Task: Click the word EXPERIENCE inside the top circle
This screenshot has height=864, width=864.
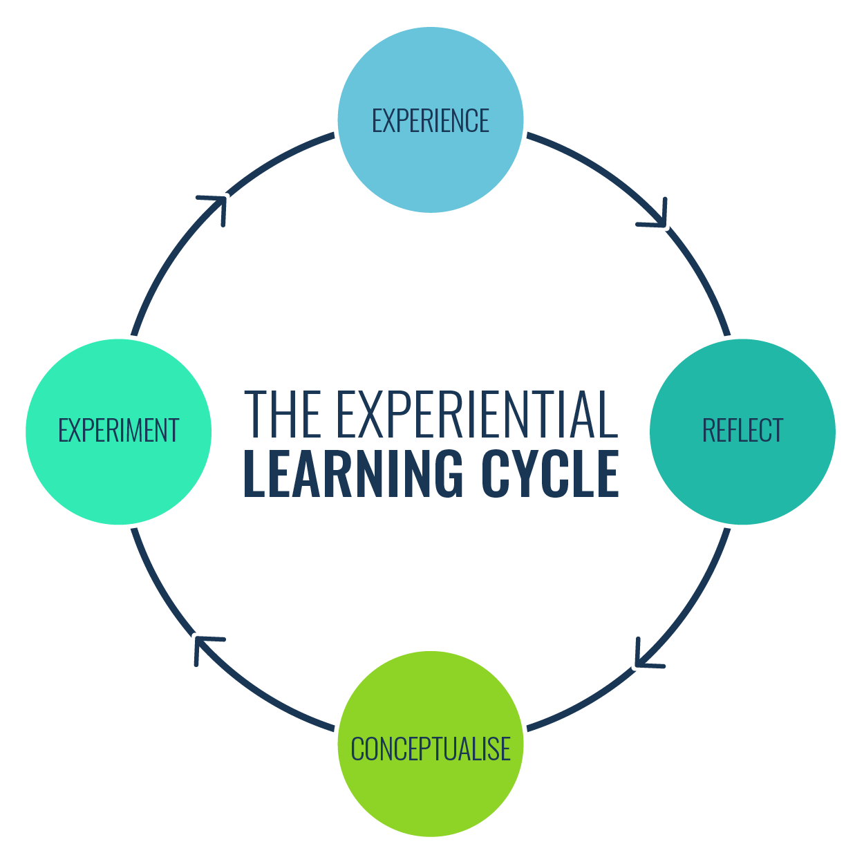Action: (x=430, y=121)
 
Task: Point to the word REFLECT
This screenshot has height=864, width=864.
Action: (x=742, y=431)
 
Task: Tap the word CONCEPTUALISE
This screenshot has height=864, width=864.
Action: (x=430, y=749)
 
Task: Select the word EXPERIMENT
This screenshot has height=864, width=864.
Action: (x=118, y=431)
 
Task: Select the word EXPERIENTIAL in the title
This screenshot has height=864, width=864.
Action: (x=476, y=414)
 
